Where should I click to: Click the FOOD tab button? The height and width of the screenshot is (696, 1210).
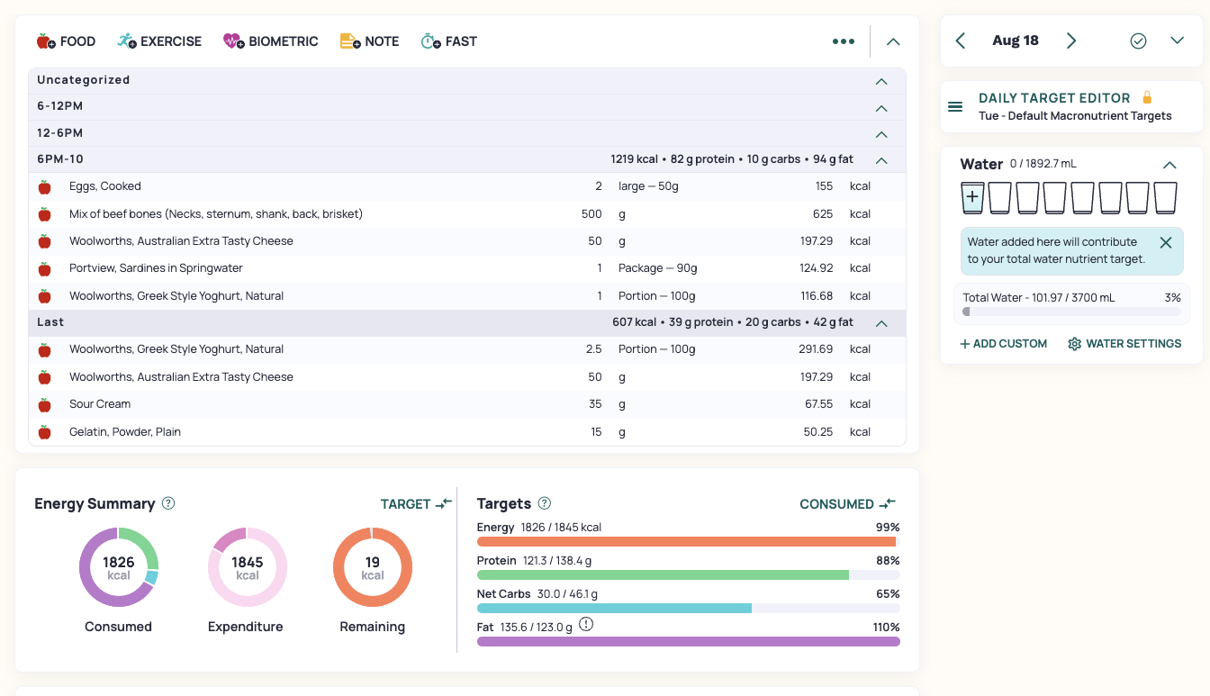[66, 41]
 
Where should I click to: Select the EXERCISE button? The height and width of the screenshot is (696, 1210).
[159, 41]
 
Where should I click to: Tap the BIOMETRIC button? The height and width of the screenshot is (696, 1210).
[271, 41]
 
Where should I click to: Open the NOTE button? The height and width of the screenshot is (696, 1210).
[369, 41]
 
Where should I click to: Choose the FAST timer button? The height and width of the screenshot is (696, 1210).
[449, 41]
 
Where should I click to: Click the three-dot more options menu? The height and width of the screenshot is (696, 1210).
[844, 41]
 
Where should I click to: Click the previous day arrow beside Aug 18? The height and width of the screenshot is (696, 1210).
[961, 41]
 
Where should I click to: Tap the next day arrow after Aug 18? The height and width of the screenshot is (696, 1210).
[1071, 41]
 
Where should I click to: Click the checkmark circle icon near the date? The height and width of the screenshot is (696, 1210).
[1138, 41]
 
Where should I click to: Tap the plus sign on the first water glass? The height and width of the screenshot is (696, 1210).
[972, 196]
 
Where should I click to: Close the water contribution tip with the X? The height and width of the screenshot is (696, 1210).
[1166, 242]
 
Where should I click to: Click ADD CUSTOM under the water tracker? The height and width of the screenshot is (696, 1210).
[1003, 344]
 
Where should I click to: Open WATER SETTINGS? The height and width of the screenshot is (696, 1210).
[1124, 344]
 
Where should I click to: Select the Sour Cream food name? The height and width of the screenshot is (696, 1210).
[100, 404]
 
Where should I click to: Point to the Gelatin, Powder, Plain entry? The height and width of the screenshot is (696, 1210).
[125, 432]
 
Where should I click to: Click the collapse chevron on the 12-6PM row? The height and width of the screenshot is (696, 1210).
[881, 134]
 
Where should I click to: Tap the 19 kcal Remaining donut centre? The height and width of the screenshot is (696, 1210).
[373, 567]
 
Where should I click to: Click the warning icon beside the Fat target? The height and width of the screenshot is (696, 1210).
[586, 625]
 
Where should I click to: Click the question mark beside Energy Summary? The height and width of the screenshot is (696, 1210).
[168, 503]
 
